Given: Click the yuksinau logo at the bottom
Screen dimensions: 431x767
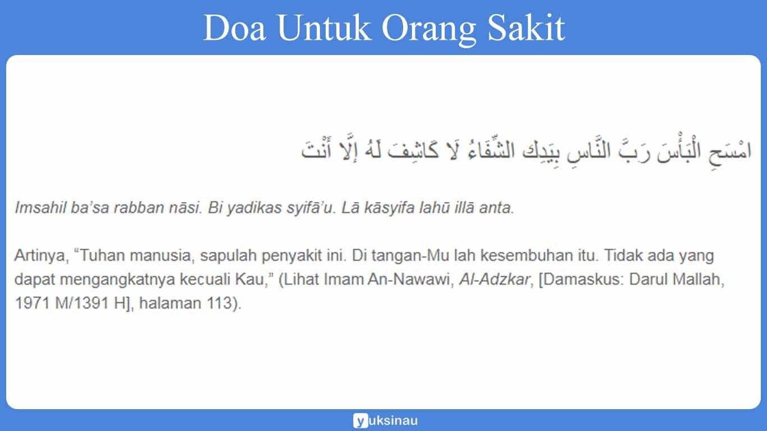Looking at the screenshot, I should tap(385, 420).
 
